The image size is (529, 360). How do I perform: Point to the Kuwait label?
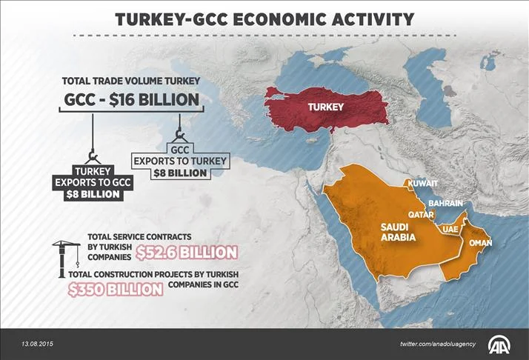(422, 183)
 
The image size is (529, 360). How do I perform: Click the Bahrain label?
(445, 202)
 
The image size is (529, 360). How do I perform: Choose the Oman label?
(481, 243)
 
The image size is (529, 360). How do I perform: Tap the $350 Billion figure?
(114, 289)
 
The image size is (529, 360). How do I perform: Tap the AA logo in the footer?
(501, 344)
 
